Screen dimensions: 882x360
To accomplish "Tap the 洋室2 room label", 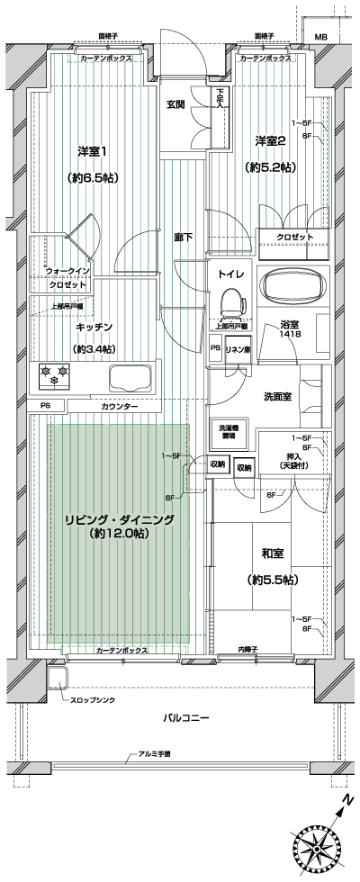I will [271, 140].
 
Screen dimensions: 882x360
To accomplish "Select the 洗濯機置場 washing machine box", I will [229, 431].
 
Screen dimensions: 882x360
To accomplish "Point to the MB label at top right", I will [320, 38].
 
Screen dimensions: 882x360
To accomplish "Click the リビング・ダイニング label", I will [119, 519].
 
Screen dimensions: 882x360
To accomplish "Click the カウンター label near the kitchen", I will [120, 407].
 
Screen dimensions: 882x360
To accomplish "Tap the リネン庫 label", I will [238, 348].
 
